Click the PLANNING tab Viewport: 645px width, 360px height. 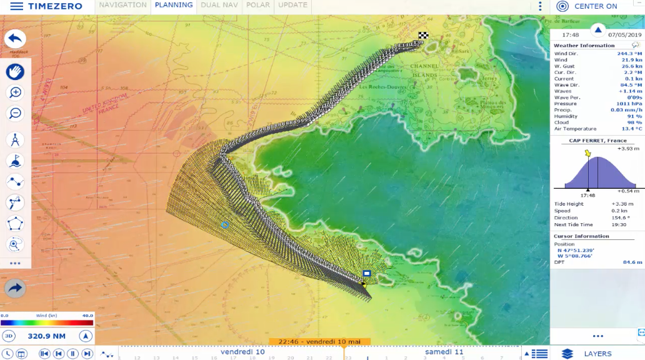174,5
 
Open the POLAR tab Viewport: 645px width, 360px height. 258,5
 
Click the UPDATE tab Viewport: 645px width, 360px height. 292,5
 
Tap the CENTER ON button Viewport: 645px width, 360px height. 587,6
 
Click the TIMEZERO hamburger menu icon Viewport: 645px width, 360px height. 17,6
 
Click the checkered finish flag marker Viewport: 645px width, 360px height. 423,36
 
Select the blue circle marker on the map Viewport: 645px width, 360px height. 225,224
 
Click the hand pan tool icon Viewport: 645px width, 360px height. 16,71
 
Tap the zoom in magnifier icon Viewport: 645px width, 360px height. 16,92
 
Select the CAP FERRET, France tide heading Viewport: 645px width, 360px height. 597,141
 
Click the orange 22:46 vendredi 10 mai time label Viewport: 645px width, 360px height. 319,341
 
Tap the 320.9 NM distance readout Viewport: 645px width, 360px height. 47,336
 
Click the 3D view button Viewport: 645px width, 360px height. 9,336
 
